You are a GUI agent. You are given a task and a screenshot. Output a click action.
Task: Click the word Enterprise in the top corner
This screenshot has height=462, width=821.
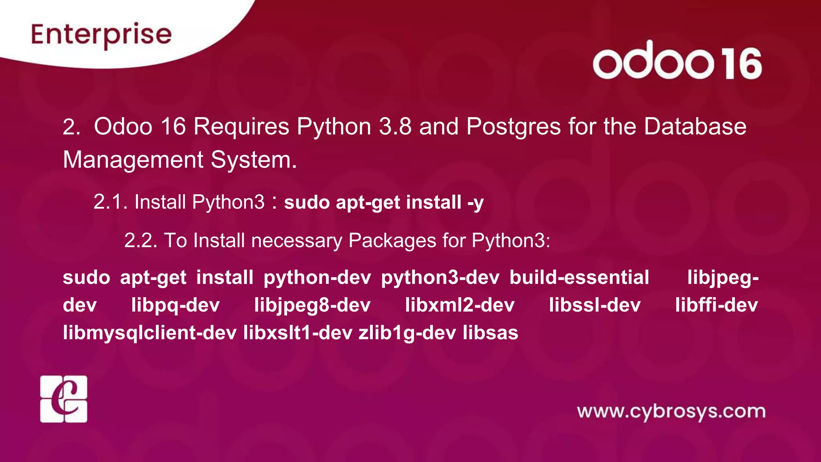(101, 35)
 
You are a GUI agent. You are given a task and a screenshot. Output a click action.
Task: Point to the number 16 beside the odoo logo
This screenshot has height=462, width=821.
(741, 63)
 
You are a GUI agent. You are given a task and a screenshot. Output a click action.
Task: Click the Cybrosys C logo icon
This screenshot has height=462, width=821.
(64, 399)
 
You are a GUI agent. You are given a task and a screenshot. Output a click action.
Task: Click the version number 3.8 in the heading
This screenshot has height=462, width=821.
(395, 127)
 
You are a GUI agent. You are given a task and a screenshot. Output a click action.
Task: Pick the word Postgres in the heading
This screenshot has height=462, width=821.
(514, 127)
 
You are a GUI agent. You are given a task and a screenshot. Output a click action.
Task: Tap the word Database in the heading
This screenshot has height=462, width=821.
(695, 127)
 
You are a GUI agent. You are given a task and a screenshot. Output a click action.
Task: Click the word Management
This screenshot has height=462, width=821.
(133, 160)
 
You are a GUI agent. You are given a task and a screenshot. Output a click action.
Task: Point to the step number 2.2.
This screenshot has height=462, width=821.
(141, 241)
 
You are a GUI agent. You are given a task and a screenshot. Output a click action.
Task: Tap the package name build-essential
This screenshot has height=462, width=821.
(579, 278)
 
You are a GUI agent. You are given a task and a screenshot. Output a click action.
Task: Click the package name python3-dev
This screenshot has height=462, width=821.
(440, 278)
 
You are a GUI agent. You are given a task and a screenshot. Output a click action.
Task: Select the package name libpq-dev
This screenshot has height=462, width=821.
(176, 305)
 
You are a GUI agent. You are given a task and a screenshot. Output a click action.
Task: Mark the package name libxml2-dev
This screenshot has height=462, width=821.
(459, 305)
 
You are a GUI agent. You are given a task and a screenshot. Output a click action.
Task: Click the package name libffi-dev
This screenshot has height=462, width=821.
(716, 305)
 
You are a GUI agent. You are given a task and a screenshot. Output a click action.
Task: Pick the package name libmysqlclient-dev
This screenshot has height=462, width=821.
(150, 333)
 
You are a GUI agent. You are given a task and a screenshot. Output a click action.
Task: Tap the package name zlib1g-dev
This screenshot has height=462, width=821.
(407, 333)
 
